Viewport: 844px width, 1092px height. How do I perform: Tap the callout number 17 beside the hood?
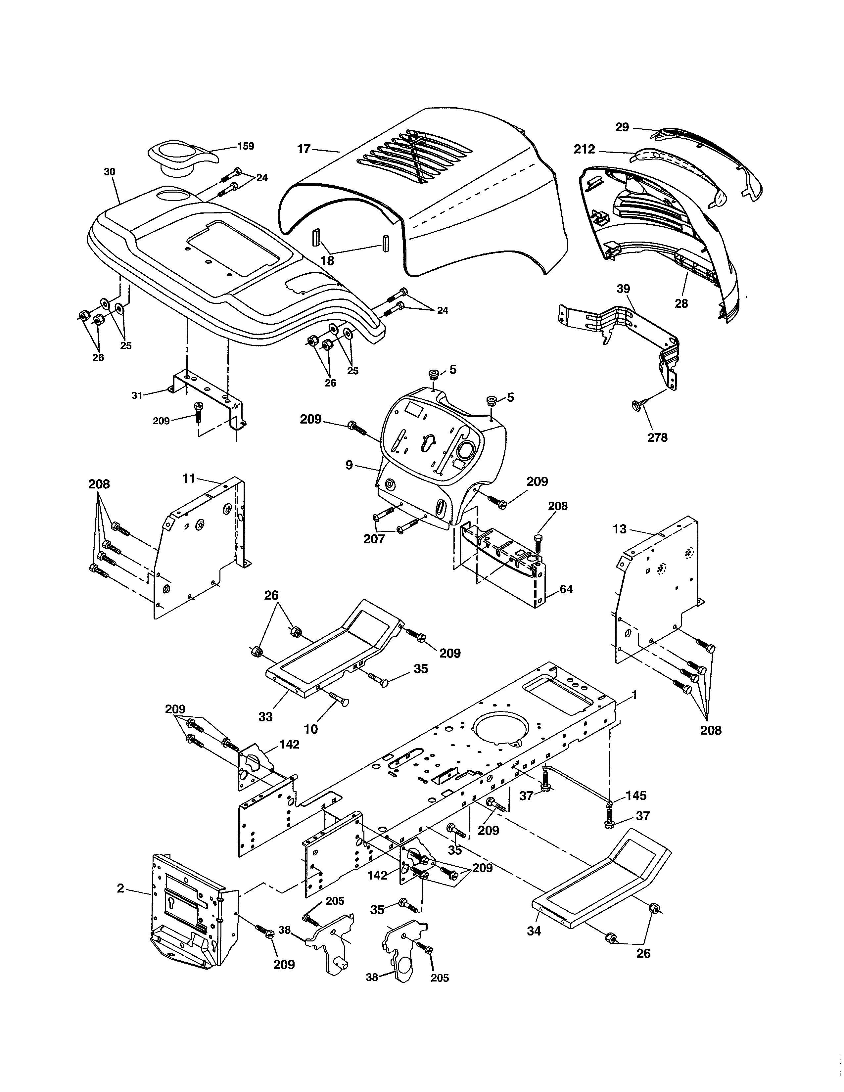click(x=304, y=149)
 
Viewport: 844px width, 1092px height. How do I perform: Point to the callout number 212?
click(x=585, y=149)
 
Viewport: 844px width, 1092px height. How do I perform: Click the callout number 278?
click(x=657, y=437)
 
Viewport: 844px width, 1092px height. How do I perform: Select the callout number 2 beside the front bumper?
click(x=120, y=888)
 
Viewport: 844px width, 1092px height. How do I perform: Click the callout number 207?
click(x=374, y=539)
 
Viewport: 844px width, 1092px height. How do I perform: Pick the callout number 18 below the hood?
click(x=327, y=260)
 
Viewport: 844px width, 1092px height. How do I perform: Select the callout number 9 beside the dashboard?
click(x=349, y=466)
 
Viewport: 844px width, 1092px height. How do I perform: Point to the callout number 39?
click(x=623, y=289)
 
